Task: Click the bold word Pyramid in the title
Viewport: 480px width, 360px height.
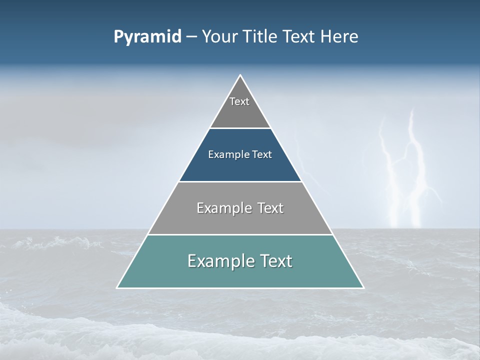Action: pos(147,36)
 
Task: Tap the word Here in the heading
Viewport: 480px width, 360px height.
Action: pos(340,36)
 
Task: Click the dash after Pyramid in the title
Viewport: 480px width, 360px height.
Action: pos(191,37)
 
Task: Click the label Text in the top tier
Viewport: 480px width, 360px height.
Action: pos(239,101)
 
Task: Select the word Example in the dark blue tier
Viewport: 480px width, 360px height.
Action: pos(226,154)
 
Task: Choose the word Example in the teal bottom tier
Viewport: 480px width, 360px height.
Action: pos(215,261)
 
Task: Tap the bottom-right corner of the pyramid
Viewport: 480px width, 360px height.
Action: pos(363,287)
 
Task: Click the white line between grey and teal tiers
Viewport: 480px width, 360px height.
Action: pos(240,234)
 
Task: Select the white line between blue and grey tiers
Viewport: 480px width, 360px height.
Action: pos(240,181)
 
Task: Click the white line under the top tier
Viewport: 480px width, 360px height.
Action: pos(240,128)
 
